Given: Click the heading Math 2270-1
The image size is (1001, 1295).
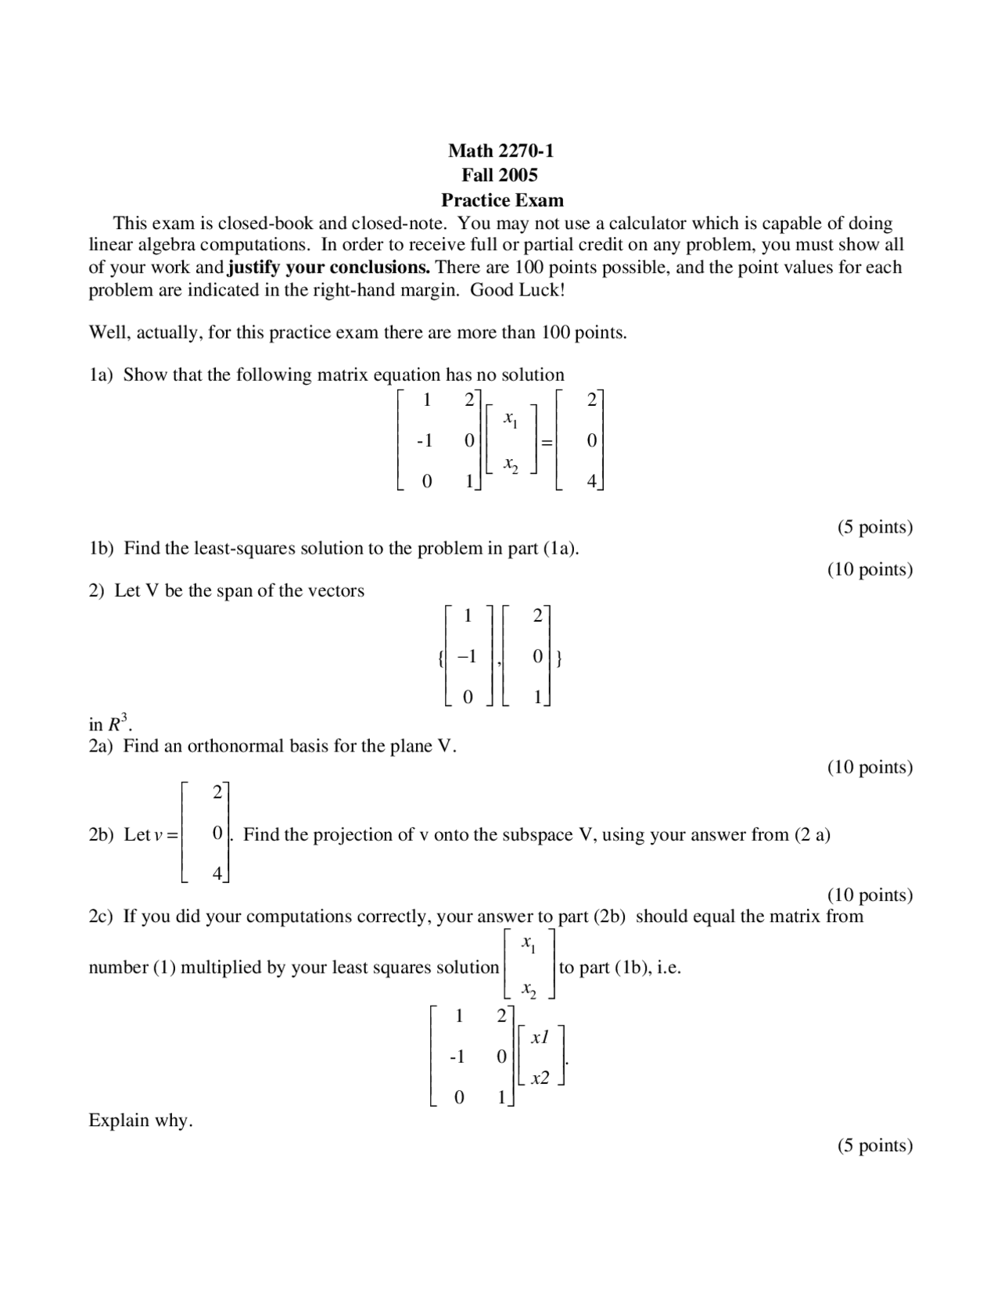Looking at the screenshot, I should tap(500, 150).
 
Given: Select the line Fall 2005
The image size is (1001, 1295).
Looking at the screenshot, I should tap(500, 174).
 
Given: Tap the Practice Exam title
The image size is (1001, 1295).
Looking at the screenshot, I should tap(502, 199).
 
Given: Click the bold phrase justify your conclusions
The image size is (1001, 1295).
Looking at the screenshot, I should tap(328, 267).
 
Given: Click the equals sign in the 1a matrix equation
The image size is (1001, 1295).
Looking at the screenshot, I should tap(547, 442).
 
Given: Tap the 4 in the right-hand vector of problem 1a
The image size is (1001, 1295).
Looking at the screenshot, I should tap(591, 482).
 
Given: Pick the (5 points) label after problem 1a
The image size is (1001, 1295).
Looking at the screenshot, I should tap(874, 527).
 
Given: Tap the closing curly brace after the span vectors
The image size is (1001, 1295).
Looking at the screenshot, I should tap(559, 658).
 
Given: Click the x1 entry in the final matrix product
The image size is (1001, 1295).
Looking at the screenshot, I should tap(540, 1038).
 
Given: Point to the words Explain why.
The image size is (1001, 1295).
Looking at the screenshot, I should tap(140, 1121).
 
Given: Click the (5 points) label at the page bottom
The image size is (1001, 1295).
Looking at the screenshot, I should tap(874, 1146).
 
